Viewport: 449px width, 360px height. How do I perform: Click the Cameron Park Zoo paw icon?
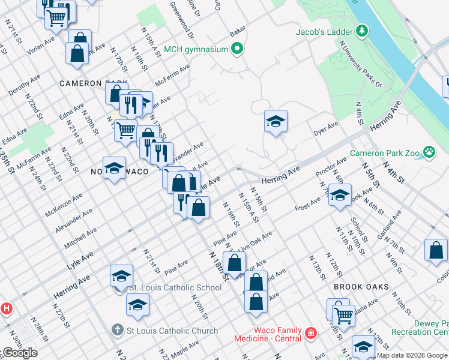[x=429, y=152]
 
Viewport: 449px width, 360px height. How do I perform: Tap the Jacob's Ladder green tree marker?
[x=362, y=30]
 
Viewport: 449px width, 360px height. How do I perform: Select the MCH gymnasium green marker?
[x=238, y=49]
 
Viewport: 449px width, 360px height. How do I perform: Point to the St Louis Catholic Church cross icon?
[x=119, y=331]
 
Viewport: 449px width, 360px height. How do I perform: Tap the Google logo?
[x=20, y=353]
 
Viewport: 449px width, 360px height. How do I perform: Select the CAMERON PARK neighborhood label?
[x=93, y=83]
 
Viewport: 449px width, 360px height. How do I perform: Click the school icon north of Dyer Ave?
[x=276, y=122]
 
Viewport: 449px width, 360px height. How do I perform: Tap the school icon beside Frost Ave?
[x=340, y=196]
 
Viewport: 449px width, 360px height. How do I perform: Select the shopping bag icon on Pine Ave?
[x=235, y=262]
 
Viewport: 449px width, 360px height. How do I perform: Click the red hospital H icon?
[x=6, y=309]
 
